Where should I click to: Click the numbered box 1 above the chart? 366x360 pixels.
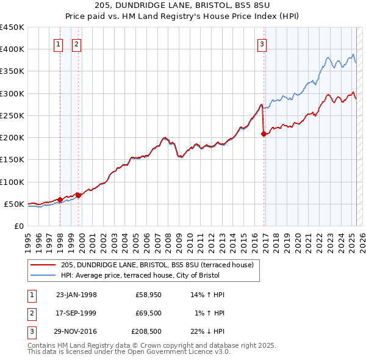tap(59, 44)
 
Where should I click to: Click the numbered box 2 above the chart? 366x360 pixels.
tap(77, 44)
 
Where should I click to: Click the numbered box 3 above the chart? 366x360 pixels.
tap(262, 44)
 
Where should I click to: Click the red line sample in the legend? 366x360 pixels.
tap(43, 265)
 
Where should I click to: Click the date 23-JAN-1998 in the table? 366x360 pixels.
tap(76, 295)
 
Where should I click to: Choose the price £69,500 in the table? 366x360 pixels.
tap(147, 313)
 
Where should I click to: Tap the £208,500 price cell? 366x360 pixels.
tap(147, 331)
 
